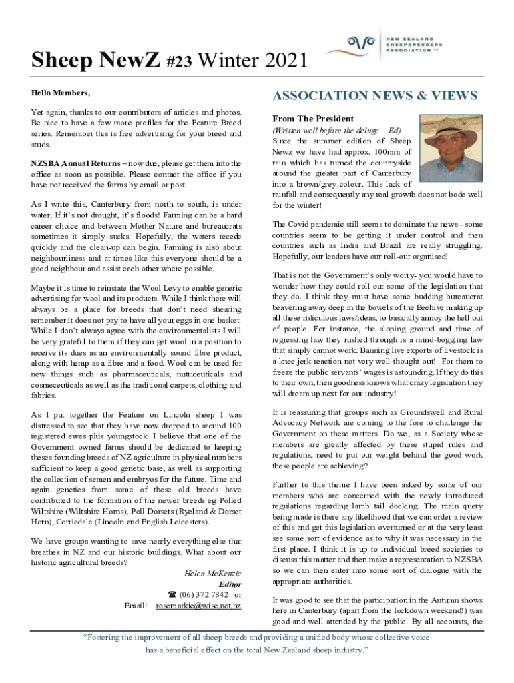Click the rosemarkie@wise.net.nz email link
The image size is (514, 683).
(x=198, y=606)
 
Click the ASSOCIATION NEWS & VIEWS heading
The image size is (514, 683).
(x=374, y=96)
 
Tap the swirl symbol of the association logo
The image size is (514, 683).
(x=354, y=44)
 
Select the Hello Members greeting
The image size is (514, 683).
(x=60, y=92)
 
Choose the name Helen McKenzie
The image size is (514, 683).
(x=212, y=573)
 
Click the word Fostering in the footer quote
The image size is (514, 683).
(x=108, y=638)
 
